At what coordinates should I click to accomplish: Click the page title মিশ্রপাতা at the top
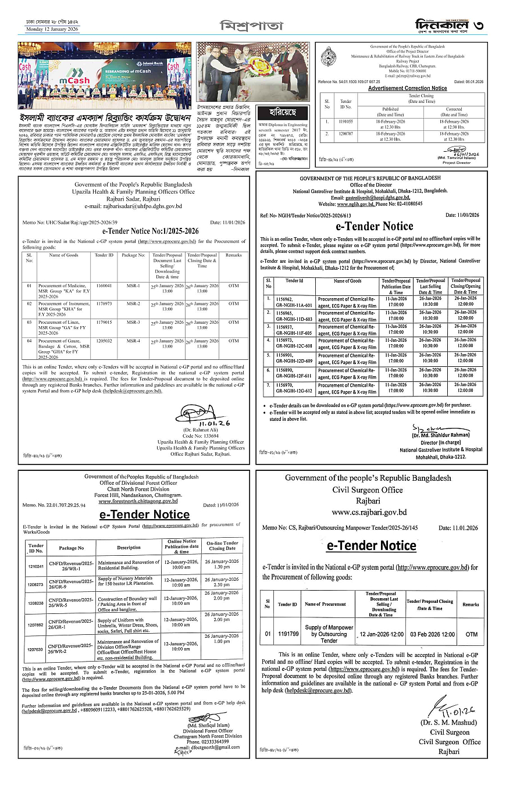click(251, 26)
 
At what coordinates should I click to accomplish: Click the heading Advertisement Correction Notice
click(407, 88)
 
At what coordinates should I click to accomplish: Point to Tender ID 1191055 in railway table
click(346, 122)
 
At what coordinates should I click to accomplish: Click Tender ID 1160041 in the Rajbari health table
click(104, 287)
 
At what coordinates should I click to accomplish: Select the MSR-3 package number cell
click(133, 321)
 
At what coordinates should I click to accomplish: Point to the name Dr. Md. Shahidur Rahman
click(440, 435)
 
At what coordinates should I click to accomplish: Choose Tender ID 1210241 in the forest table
click(36, 566)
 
